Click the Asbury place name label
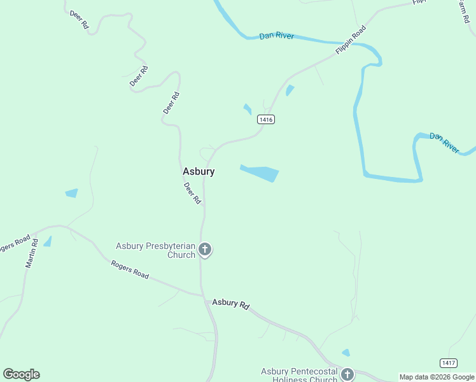[199, 171]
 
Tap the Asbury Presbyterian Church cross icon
[205, 249]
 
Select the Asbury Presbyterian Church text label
[155, 250]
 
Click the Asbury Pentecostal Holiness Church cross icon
[347, 374]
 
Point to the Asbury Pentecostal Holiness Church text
[299, 376]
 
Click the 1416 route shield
[266, 119]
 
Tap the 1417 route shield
[448, 363]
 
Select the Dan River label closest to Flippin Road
[277, 36]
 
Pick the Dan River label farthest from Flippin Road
[444, 143]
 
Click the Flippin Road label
[351, 39]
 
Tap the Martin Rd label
[32, 253]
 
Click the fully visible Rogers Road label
[130, 269]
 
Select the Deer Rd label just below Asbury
[192, 193]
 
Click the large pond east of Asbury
[261, 172]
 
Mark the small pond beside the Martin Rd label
[47, 242]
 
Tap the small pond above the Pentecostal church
[346, 352]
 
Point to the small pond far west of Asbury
[71, 193]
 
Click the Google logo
[21, 374]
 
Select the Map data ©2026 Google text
[437, 377]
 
